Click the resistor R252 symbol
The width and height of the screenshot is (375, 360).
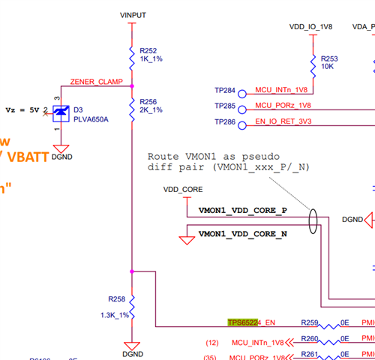(132, 56)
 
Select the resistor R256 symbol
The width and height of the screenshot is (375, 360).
(132, 106)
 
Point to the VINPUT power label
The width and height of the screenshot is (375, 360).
(133, 15)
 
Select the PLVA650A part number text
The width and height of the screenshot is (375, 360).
(91, 119)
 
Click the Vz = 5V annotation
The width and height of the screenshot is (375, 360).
(23, 109)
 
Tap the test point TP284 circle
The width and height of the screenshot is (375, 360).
(241, 91)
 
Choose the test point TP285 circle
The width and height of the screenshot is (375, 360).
(241, 106)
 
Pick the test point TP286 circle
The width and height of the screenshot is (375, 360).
(241, 121)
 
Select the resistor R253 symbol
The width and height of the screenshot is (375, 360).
(313, 62)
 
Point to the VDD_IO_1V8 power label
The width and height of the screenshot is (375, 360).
(311, 27)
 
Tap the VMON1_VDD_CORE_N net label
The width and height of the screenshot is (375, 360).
(242, 235)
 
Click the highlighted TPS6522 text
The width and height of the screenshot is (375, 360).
(243, 322)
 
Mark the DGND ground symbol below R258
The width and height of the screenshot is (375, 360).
(132, 350)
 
